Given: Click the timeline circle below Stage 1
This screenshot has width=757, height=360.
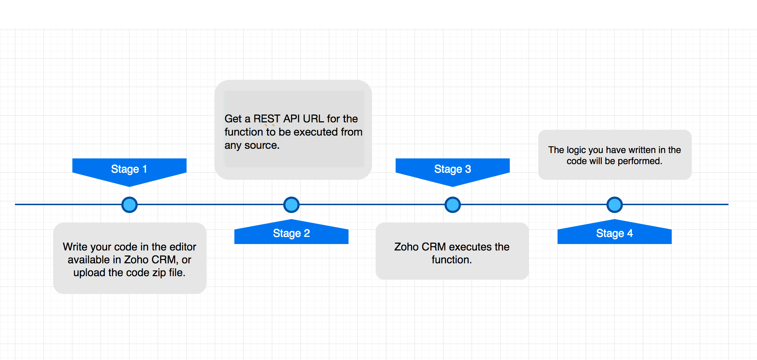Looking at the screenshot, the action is (x=129, y=205).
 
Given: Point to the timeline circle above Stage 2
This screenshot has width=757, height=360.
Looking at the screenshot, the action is (x=291, y=205).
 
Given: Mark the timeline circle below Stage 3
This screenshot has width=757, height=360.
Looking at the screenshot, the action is (x=453, y=205).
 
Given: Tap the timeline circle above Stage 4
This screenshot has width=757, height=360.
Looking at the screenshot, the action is (x=615, y=205).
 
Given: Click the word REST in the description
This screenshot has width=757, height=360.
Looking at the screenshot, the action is (x=267, y=119).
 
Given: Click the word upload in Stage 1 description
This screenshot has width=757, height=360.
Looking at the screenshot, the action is (x=90, y=273).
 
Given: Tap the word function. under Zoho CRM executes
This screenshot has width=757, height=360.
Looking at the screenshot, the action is (x=452, y=260).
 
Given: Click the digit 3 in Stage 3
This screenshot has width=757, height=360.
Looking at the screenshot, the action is (x=468, y=169).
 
